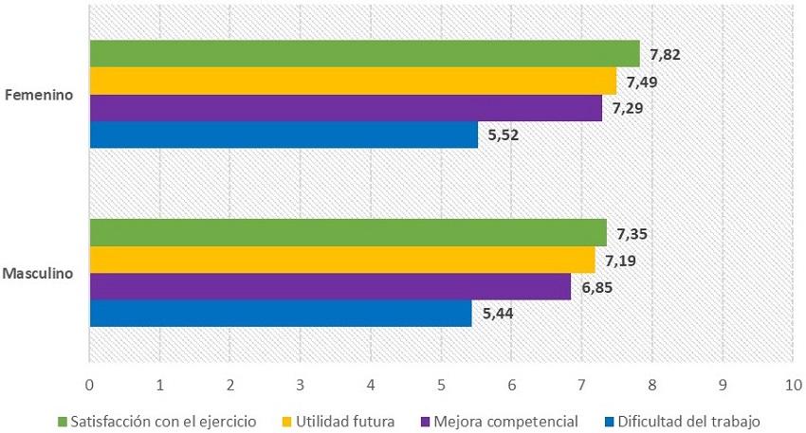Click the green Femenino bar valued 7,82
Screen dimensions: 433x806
coord(364,53)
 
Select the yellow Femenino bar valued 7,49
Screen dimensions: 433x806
coord(353,81)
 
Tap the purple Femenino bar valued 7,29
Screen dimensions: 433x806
coord(345,108)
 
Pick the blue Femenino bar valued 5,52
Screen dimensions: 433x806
coord(284,135)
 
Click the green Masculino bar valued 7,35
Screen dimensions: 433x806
coord(348,232)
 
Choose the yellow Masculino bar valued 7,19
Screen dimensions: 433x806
coord(342,260)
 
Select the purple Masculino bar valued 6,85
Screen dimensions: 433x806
coord(330,286)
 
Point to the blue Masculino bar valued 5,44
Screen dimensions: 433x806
coord(281,314)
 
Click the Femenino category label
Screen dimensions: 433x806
coord(40,95)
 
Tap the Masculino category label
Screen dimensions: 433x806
coord(39,273)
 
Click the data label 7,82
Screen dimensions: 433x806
coord(666,54)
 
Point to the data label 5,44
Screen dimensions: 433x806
coord(498,314)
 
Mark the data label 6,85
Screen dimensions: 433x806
coord(597,287)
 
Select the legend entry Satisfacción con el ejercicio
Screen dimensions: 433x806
coord(156,421)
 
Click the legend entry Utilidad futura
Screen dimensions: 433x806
coord(338,421)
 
